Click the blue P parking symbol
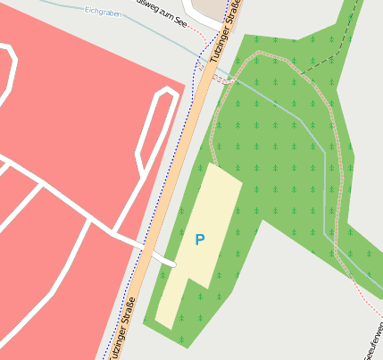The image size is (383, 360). point(199,239)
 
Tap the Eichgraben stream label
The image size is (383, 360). point(103,12)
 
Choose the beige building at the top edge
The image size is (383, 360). point(211,8)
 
